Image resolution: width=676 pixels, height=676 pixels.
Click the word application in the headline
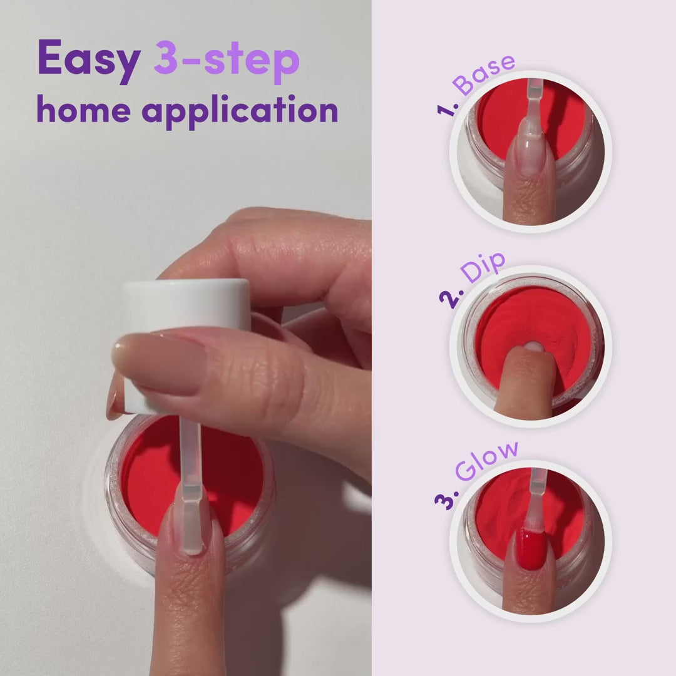click(x=240, y=111)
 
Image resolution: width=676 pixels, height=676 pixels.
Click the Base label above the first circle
click(x=484, y=74)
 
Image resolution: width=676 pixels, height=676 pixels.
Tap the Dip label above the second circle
click(x=483, y=267)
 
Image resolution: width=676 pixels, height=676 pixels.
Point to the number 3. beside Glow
click(x=446, y=500)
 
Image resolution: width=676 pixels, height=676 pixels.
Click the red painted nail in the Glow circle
click(x=530, y=548)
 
